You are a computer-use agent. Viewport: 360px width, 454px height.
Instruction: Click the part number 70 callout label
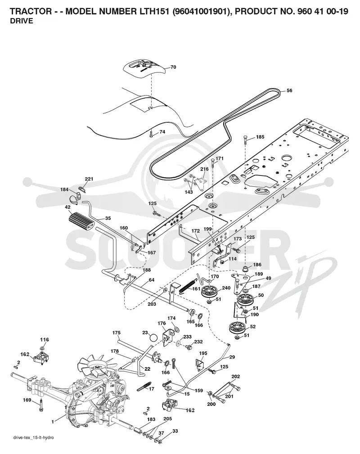(173, 67)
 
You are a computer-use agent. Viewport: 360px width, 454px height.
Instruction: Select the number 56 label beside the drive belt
(289, 90)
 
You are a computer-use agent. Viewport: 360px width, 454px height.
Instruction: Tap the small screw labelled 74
(151, 134)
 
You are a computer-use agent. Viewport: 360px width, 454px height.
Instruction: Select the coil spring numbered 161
(189, 285)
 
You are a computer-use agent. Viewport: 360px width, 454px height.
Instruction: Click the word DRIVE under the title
(22, 21)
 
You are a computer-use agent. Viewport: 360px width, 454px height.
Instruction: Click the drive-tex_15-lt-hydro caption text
(33, 445)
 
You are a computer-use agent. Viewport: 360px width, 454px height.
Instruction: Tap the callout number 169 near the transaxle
(27, 400)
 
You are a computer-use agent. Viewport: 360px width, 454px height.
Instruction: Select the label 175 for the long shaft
(116, 333)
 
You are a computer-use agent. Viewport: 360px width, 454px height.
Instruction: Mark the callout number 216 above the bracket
(204, 169)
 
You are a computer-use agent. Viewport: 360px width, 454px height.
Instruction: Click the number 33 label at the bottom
(175, 431)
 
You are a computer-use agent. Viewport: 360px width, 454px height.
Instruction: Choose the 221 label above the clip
(89, 179)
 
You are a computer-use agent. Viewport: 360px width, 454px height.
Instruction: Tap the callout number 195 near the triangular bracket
(203, 353)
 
